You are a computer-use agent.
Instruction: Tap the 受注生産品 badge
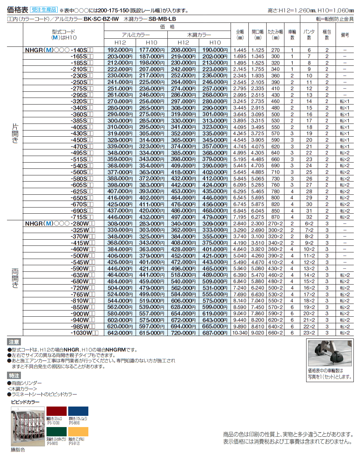click(44, 10)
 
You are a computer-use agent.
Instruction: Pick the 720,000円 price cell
click(183, 333)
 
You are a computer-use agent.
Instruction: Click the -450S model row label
click(82, 140)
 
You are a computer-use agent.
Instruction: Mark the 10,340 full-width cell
click(240, 333)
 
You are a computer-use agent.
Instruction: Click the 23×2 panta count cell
click(309, 333)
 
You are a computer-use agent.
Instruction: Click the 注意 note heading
click(14, 342)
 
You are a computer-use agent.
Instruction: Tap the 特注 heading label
click(14, 375)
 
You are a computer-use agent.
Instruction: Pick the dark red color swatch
click(57, 412)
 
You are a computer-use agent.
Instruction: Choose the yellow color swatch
click(78, 432)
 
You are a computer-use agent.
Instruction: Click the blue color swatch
click(78, 412)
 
